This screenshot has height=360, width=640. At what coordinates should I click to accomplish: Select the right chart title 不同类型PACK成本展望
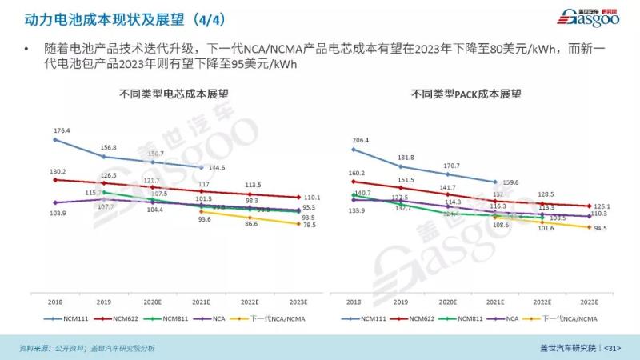pyautogui.click(x=466, y=94)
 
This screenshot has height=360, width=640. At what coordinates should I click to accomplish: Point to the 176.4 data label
pyautogui.click(x=62, y=130)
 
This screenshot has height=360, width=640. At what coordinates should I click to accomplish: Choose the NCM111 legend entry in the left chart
pyautogui.click(x=83, y=318)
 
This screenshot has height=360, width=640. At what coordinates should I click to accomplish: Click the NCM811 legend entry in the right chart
pyautogui.click(x=465, y=318)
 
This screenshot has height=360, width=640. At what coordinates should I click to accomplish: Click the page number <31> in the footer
pyautogui.click(x=612, y=348)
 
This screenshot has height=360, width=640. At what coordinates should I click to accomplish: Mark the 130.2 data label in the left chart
pyautogui.click(x=57, y=172)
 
